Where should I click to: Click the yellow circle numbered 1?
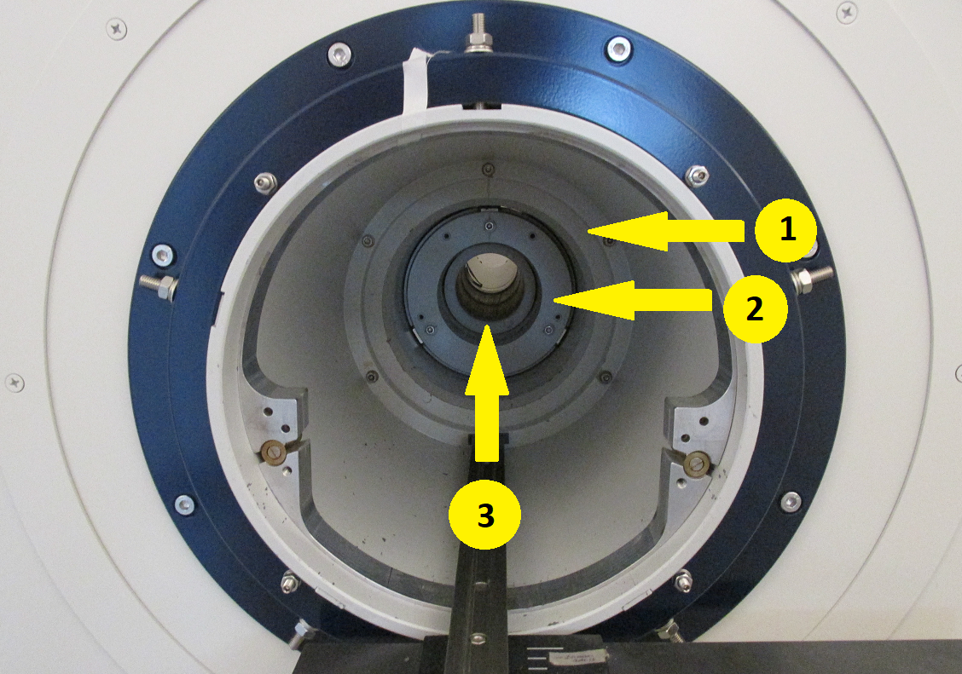786,230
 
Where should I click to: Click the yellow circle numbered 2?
755,309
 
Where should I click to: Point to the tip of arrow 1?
587,230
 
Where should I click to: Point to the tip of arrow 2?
553,300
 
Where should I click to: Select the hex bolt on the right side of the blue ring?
811,278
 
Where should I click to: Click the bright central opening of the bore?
491,272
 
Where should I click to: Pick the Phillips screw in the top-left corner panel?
117,28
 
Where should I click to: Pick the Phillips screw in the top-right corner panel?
847,13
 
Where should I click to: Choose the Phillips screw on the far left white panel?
14,383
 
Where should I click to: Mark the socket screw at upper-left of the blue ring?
339,55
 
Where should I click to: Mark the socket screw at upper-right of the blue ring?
617,49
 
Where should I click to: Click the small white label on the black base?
577,658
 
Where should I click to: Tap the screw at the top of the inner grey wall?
487,168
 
